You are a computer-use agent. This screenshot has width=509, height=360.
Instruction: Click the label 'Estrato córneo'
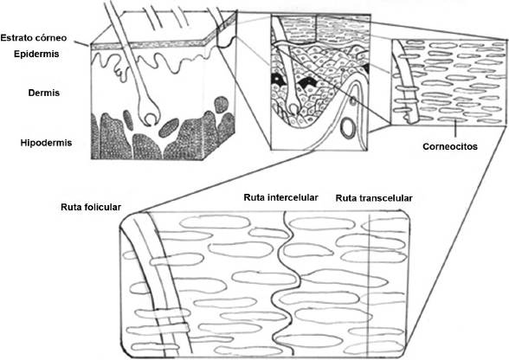coord(34,38)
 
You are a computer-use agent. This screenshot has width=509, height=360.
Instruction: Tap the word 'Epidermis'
coord(36,54)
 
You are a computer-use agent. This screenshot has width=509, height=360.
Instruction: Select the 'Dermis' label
coord(44,93)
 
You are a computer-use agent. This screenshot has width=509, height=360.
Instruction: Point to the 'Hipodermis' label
coord(46,143)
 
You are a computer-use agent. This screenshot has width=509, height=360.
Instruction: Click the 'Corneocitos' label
coord(450,147)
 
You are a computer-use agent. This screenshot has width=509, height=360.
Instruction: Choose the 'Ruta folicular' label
coord(91,207)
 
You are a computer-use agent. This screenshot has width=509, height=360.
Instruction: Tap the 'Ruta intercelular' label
coord(280,197)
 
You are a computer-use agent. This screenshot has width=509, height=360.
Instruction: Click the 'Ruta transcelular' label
coord(374,198)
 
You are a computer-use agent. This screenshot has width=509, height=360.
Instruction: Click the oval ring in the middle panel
coord(347,127)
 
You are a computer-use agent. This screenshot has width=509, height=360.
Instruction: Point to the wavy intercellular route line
coord(290,282)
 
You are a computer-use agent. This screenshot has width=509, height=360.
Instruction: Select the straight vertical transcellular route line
coord(370,285)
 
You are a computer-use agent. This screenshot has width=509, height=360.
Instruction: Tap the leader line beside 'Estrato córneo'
coord(81,43)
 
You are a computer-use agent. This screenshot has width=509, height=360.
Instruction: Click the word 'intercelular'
coord(293,197)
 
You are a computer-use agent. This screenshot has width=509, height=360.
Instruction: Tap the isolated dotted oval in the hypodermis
coord(169,127)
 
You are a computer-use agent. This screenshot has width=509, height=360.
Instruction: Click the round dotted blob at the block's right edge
coord(221,105)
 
